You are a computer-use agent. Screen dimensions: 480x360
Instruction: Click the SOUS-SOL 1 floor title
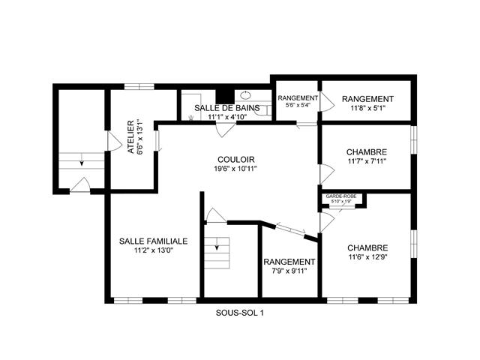point(239,313)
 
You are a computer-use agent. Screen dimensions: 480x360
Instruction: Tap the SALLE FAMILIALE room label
point(153,241)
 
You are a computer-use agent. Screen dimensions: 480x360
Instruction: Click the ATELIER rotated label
point(130,136)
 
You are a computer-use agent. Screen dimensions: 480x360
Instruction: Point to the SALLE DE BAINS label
point(227,108)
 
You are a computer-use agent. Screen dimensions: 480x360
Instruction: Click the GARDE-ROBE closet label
point(341,196)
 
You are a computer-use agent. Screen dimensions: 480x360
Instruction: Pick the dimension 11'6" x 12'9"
point(367,257)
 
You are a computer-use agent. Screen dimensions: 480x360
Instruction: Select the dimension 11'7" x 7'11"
point(367,161)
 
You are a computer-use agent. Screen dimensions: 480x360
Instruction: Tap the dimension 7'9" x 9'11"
point(289,271)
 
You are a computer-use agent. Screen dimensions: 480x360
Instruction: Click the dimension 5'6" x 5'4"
point(298,105)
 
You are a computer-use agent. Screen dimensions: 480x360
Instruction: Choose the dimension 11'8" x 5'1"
point(367,108)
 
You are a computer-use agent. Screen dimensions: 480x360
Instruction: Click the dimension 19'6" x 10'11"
point(235,169)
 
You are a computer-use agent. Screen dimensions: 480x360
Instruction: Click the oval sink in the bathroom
point(245,95)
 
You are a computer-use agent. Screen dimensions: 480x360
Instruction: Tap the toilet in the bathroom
point(263,110)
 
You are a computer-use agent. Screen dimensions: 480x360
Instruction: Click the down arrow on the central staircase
point(217,246)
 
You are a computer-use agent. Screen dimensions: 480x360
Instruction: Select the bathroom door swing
point(226,130)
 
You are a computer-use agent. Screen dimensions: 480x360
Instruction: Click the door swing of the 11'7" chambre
point(327,174)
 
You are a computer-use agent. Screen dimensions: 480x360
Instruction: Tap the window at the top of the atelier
point(139,87)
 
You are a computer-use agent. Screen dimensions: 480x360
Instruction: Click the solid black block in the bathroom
point(225,97)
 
